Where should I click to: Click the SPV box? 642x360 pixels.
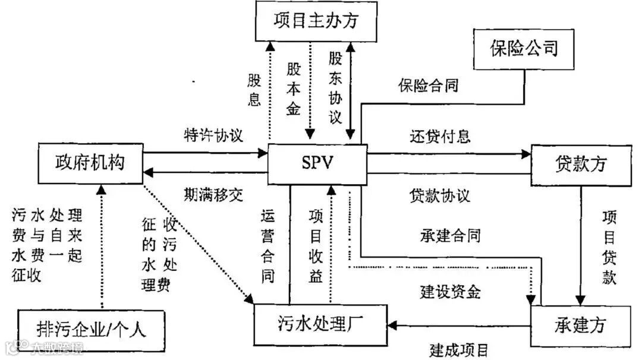point(317,163)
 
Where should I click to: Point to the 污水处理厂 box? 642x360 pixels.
point(320,323)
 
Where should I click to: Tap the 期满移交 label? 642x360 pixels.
point(213,193)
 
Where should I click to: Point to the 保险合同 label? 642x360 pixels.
point(428,85)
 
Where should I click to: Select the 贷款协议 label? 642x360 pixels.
point(440,195)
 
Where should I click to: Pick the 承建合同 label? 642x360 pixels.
point(450,235)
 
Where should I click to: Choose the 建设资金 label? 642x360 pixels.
point(450,291)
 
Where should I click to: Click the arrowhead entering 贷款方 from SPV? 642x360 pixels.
point(525,154)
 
